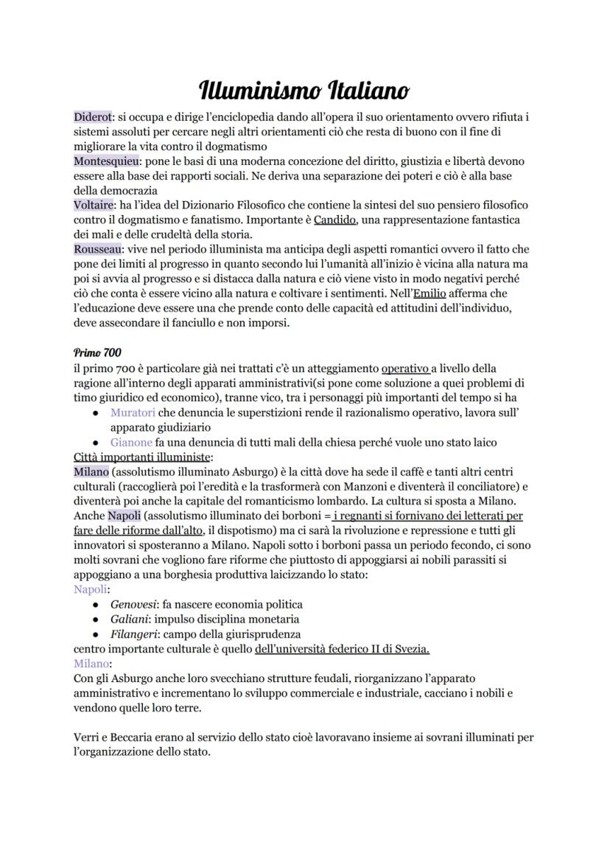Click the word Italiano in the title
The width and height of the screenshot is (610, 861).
pos(357,91)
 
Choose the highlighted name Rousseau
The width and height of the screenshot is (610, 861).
pos(98,249)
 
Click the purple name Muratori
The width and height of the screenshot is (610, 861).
pos(132,412)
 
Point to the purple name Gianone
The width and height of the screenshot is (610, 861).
pos(131,442)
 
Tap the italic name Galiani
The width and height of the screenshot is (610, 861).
pos(128,619)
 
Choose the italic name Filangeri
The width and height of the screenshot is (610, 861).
pos(133,633)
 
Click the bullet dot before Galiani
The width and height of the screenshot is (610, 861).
pos(96,619)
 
